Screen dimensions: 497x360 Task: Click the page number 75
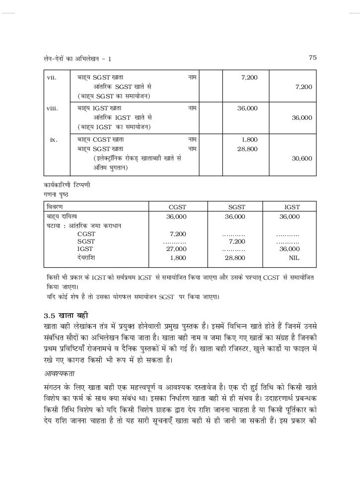click(x=312, y=58)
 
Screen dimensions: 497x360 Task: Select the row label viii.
click(x=52, y=108)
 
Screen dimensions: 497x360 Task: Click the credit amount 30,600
click(x=302, y=159)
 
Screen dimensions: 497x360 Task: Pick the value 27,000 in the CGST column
click(x=176, y=248)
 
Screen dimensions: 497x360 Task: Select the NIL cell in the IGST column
click(x=294, y=258)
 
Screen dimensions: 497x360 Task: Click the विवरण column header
click(x=56, y=207)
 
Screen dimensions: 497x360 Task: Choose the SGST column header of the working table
click(x=236, y=207)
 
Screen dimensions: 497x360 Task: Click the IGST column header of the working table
click(x=292, y=207)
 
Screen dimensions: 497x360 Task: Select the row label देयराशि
click(x=86, y=258)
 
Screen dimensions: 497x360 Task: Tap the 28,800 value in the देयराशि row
click(x=235, y=258)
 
